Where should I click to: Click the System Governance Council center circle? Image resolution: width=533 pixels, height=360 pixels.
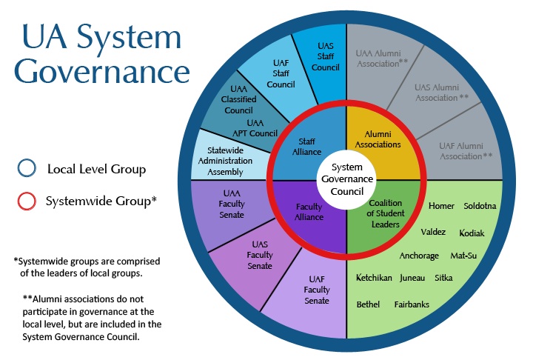[346, 179]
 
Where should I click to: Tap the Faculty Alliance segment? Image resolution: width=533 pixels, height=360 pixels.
[309, 213]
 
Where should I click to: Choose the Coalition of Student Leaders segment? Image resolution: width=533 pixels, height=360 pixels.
[383, 213]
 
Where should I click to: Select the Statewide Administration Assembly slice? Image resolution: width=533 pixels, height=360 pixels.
[227, 152]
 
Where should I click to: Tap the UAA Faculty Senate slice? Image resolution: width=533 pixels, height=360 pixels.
[226, 205]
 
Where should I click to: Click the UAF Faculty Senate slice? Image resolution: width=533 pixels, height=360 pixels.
[316, 291]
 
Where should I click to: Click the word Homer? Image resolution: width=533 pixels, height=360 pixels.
[441, 205]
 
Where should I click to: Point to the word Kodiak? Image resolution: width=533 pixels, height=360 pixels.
[472, 233]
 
